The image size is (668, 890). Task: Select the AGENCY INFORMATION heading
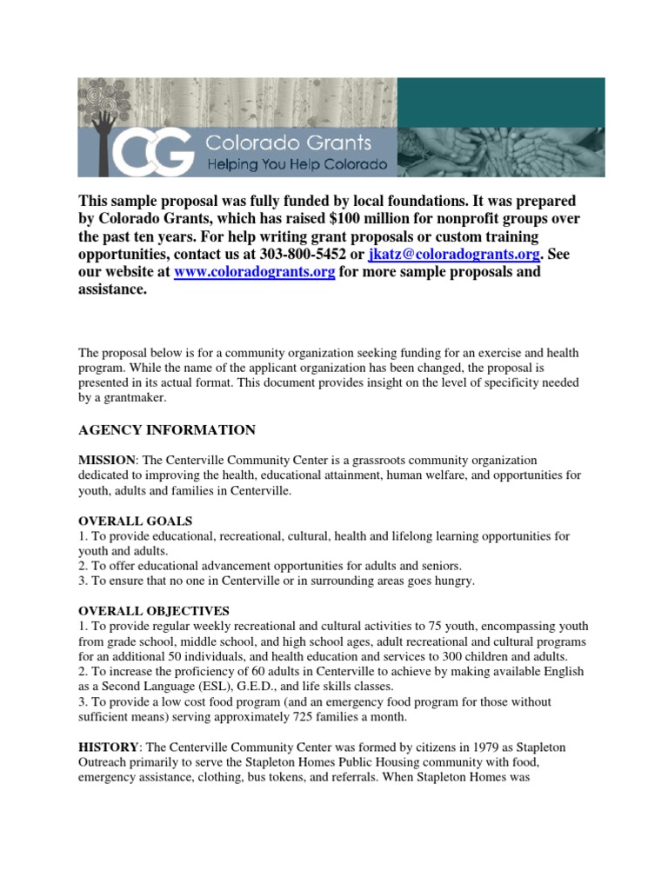(167, 429)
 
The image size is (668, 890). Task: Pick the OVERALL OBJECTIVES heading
(154, 611)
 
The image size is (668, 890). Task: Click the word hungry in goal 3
(455, 581)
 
